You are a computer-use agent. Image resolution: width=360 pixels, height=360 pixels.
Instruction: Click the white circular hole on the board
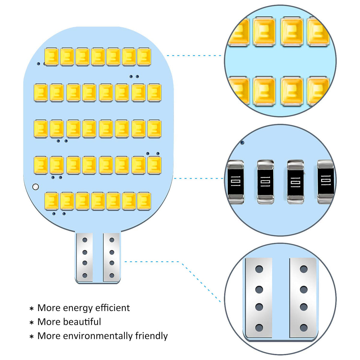[x=35, y=187]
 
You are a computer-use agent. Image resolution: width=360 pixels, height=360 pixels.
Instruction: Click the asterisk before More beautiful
[x=31, y=323]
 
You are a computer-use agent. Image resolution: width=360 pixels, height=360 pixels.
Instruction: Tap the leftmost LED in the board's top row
[x=51, y=57]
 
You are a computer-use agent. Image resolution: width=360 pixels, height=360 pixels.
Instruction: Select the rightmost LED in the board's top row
[x=144, y=57]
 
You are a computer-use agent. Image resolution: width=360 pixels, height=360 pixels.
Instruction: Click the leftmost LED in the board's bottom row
[x=51, y=201]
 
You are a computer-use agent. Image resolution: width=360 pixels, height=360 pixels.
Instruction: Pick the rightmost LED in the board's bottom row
[x=144, y=201]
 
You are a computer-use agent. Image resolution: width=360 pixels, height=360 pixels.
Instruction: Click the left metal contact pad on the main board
[x=84, y=257]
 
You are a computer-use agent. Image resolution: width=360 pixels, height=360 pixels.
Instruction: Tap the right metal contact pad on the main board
[x=111, y=257]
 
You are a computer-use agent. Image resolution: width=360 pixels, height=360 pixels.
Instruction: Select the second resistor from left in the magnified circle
[x=265, y=182]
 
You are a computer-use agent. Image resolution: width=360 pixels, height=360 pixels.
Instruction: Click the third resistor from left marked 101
[x=295, y=182]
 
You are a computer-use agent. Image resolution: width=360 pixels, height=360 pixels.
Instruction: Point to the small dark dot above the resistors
[x=242, y=143]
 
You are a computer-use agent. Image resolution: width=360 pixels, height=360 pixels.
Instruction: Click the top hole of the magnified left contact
[x=259, y=269]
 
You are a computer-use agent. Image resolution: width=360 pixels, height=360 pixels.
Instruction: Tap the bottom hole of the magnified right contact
[x=304, y=328]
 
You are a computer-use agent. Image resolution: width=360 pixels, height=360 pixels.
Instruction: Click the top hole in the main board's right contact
[x=112, y=240]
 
